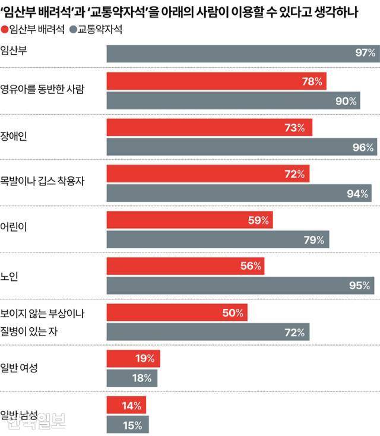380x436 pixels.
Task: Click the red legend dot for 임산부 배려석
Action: pyautogui.click(x=5, y=29)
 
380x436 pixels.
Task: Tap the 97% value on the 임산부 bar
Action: pyautogui.click(x=365, y=53)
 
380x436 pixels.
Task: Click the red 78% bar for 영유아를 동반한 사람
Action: pyautogui.click(x=216, y=81)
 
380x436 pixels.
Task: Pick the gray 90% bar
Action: pyautogui.click(x=233, y=101)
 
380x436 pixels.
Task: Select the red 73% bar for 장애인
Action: pyautogui.click(x=209, y=127)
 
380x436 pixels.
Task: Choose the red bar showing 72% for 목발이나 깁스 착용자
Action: pyautogui.click(x=208, y=174)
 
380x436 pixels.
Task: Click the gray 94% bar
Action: pyautogui.click(x=239, y=194)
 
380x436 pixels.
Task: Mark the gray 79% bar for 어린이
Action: pyautogui.click(x=217, y=240)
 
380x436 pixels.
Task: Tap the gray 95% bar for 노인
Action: pyautogui.click(x=240, y=286)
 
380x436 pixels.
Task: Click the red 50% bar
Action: pyautogui.click(x=177, y=312)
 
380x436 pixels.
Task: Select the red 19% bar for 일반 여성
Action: pyautogui.click(x=133, y=358)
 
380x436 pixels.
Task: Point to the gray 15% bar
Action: pyautogui.click(x=128, y=425)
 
